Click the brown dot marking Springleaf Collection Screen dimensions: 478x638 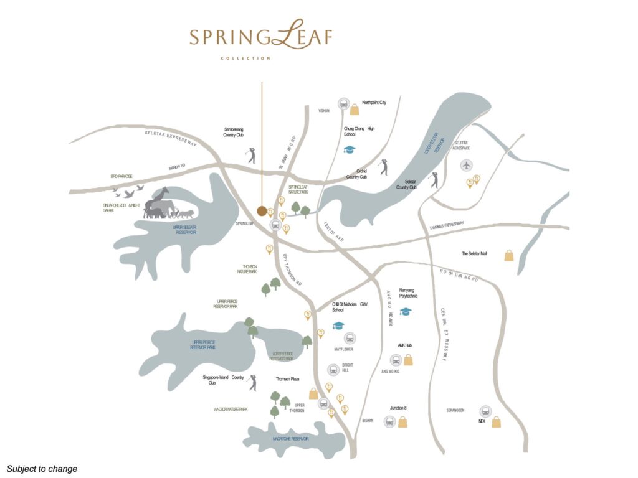pos(262,210)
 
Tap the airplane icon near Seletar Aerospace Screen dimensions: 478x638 pos(467,165)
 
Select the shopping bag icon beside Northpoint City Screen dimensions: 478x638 pos(355,110)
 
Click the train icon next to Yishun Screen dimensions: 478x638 pos(342,104)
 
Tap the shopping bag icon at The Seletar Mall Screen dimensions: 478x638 pos(509,255)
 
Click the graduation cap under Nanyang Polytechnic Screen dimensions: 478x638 pos(406,311)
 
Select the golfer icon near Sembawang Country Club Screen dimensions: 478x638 pos(251,156)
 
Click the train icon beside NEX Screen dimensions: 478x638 pos(485,411)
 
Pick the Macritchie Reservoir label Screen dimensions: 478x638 pos(295,439)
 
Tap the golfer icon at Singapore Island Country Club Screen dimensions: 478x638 pos(252,383)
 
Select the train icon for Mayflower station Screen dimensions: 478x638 pos(350,338)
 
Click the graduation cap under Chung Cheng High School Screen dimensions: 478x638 pos(349,150)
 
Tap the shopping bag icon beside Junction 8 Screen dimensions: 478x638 pos(403,423)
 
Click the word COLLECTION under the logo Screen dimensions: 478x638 pos(245,59)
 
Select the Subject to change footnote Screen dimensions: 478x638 pos(42,469)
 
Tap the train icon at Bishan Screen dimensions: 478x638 pos(389,421)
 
